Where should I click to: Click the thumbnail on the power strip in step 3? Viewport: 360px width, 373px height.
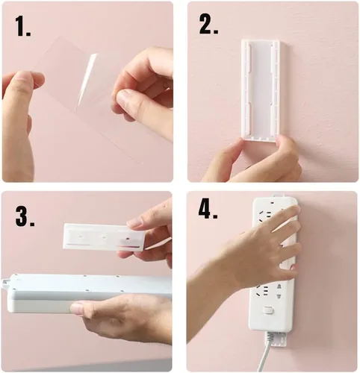coord(78,307)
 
